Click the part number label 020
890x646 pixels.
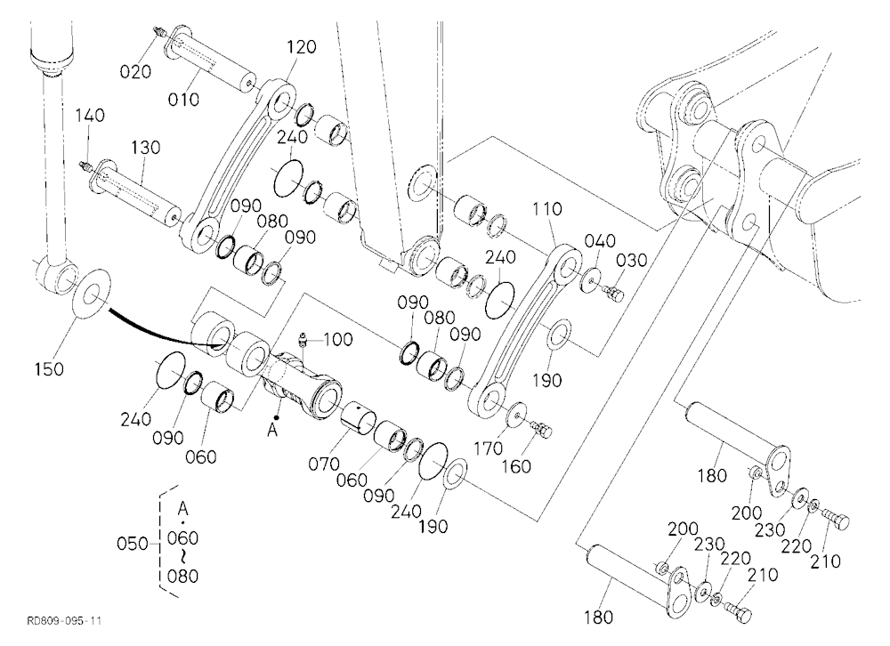(135, 71)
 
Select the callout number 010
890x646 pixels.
(184, 100)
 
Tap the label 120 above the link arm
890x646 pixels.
(301, 46)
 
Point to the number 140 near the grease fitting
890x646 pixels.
(90, 116)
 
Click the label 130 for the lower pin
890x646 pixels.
(146, 148)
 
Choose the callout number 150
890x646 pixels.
(49, 369)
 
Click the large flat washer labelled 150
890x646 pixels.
(92, 296)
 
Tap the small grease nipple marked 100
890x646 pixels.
(303, 340)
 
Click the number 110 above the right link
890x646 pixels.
(547, 209)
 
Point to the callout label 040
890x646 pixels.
(600, 240)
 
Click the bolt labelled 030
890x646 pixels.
(613, 294)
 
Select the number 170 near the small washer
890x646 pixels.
(488, 448)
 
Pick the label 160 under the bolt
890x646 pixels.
(516, 466)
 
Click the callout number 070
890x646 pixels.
(324, 464)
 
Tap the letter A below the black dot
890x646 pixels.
(272, 432)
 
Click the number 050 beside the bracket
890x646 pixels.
(133, 544)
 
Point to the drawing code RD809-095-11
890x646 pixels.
(64, 620)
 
